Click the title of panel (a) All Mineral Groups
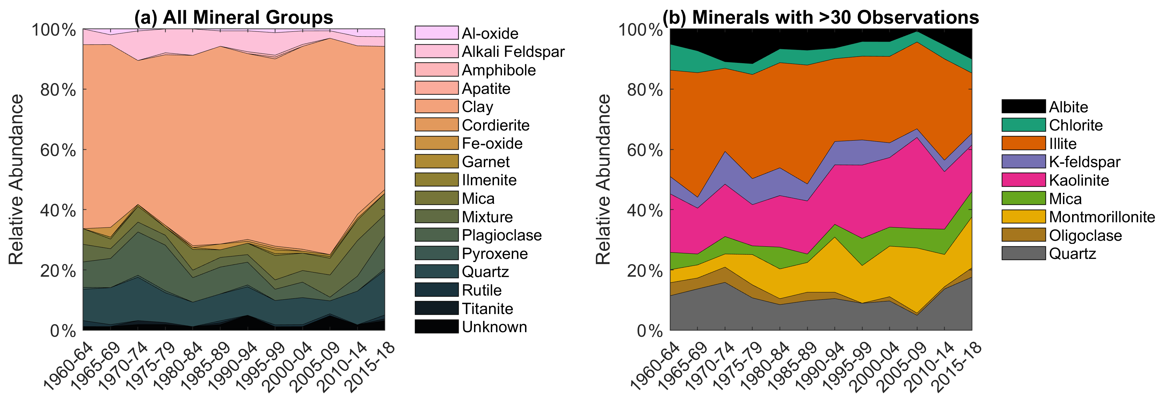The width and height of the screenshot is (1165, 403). [233, 17]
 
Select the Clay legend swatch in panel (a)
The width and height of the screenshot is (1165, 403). [436, 107]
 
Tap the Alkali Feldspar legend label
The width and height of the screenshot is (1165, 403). [513, 52]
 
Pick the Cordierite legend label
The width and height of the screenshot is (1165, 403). [496, 125]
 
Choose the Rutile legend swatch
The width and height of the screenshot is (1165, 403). [436, 290]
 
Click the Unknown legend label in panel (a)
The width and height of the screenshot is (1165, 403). [494, 327]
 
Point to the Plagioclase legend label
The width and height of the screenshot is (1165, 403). [502, 235]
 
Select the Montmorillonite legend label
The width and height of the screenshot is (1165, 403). [1102, 217]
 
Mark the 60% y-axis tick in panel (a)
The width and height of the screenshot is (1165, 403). [58, 150]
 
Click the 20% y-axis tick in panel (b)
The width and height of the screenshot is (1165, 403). [645, 271]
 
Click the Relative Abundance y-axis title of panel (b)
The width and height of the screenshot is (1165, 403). [603, 179]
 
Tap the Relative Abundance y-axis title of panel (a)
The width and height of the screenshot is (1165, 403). [16, 179]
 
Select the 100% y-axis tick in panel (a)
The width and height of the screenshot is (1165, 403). [54, 30]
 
